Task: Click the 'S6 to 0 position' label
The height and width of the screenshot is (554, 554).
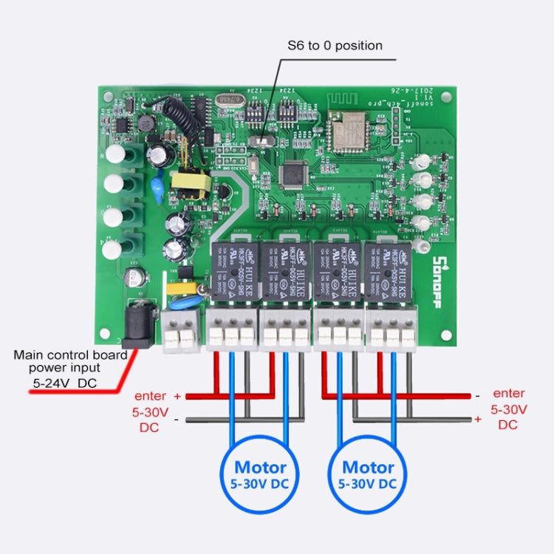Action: pos(335,46)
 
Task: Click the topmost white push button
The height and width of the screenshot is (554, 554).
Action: pos(116,154)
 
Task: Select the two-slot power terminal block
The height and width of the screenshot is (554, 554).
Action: pos(181,329)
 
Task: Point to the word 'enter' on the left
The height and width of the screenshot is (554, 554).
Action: pos(150,396)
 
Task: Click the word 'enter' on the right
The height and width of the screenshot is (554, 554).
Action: pos(509,393)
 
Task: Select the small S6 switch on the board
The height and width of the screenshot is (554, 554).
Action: pos(259,140)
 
